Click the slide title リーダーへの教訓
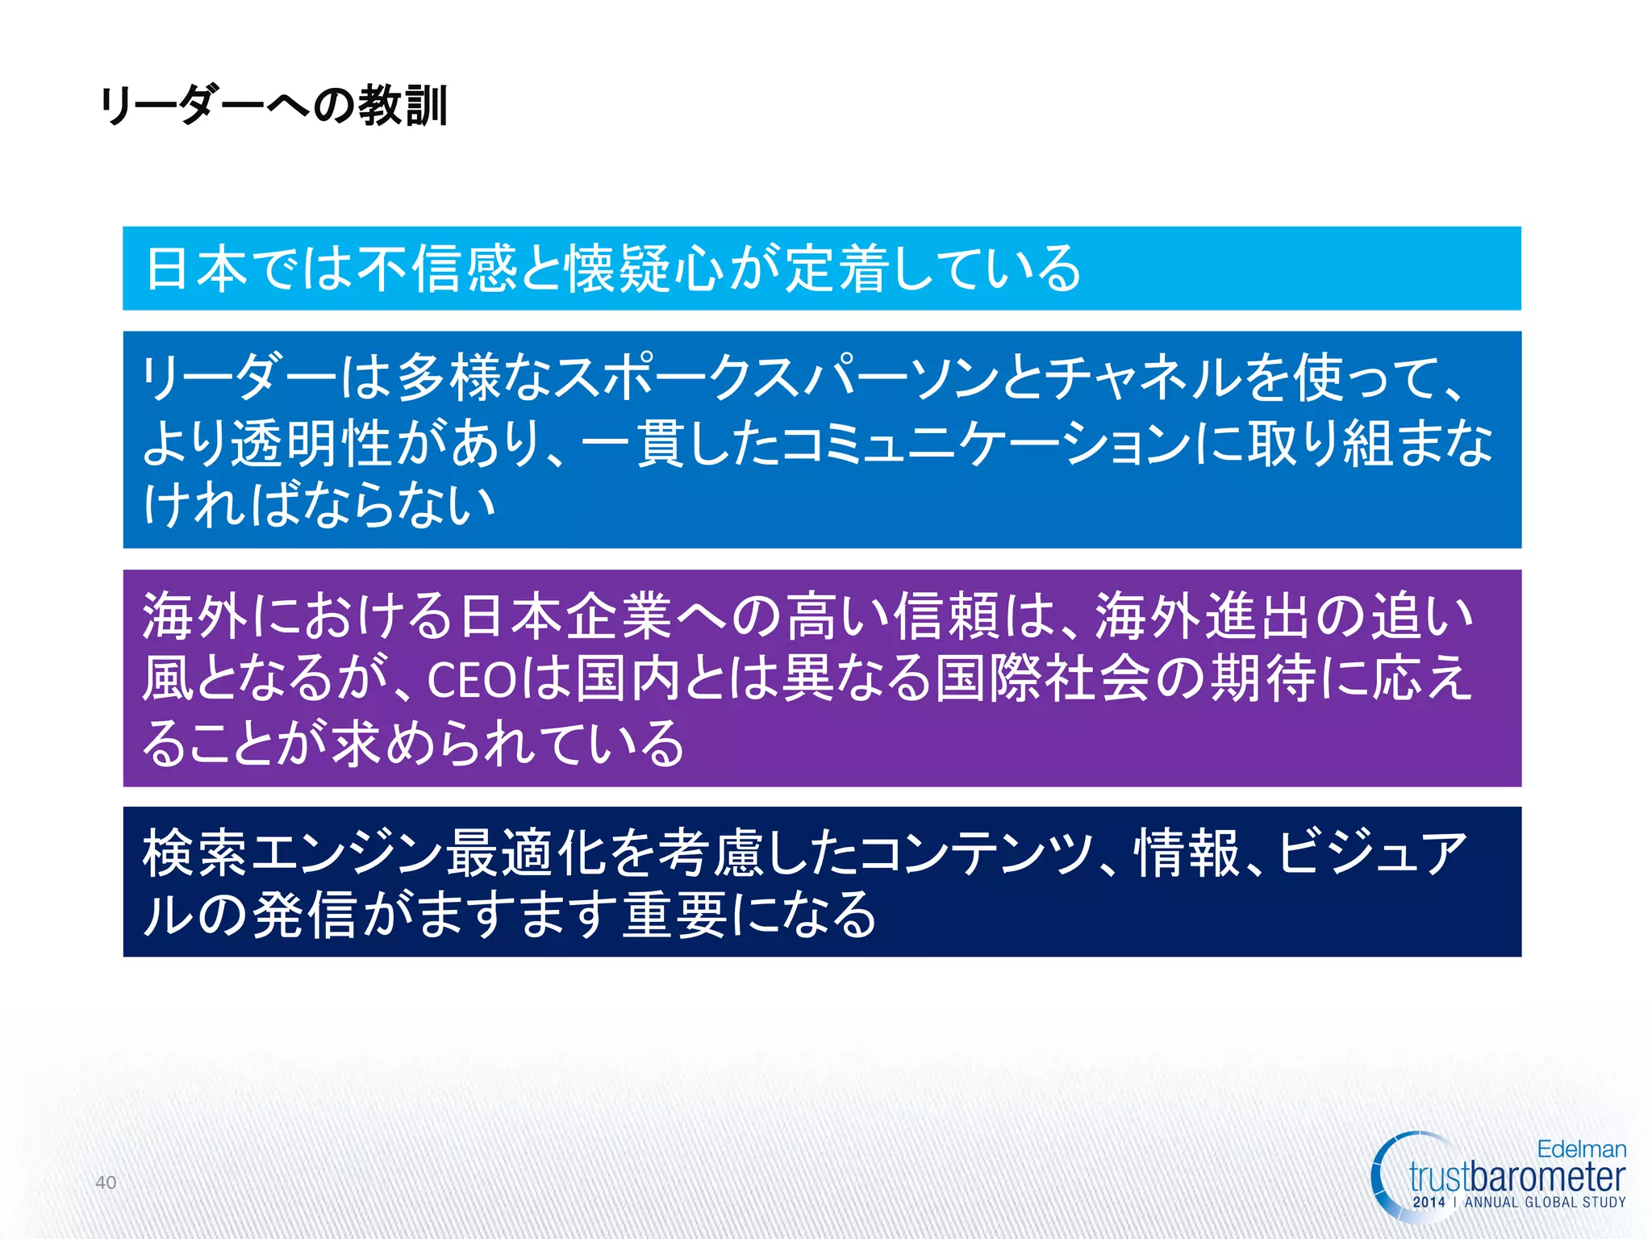[273, 106]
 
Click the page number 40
[106, 1183]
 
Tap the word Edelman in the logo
[1581, 1149]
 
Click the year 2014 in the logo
[1429, 1202]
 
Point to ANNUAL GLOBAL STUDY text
[1545, 1202]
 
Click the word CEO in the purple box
[471, 680]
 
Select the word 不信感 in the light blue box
[437, 269]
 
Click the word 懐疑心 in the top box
[644, 269]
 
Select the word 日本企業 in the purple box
[565, 616]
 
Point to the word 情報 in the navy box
[1187, 853]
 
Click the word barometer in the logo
[1545, 1177]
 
